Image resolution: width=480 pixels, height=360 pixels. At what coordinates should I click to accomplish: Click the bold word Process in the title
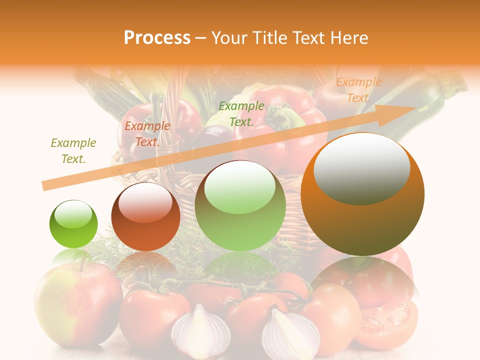click(157, 38)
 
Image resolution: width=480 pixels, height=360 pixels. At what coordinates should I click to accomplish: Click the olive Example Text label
click(73, 151)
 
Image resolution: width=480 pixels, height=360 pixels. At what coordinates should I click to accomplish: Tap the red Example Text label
click(147, 134)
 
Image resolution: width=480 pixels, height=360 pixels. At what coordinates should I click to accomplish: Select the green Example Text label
click(241, 113)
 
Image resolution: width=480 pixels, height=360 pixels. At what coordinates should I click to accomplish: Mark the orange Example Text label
click(358, 90)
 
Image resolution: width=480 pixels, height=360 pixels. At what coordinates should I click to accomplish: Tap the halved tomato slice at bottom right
click(390, 320)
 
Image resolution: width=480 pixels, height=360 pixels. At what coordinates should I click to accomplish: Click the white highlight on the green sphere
click(73, 214)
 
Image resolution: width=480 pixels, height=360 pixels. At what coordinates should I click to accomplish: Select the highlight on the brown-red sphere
click(145, 202)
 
